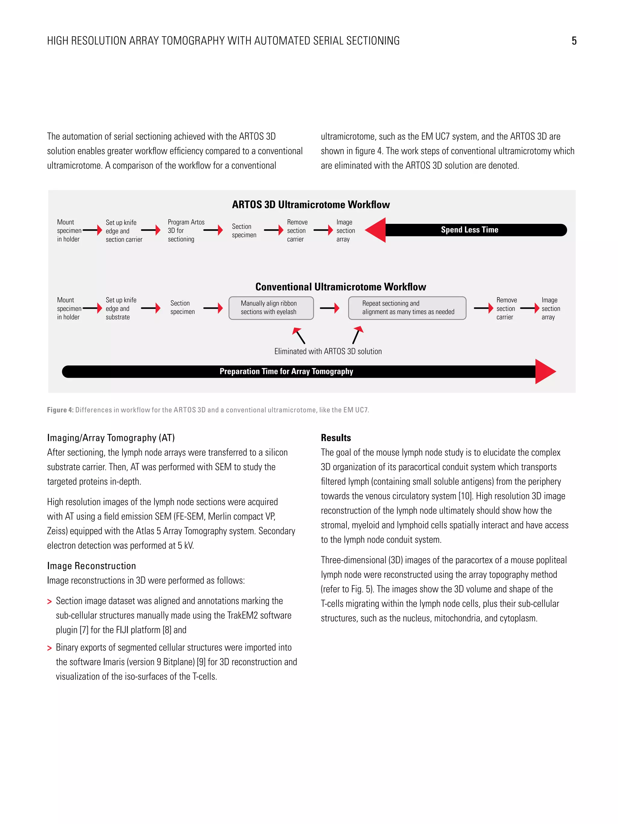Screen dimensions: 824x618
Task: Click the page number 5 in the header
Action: (x=574, y=41)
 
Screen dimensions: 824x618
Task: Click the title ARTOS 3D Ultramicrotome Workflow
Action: (x=311, y=205)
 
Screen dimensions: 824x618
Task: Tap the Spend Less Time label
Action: (x=469, y=230)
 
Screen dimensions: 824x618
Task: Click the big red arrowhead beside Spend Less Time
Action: (x=376, y=230)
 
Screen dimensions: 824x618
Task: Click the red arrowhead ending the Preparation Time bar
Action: (x=545, y=371)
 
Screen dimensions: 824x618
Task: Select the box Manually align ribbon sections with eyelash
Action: (x=271, y=308)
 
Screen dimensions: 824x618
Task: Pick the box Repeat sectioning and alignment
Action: (x=407, y=308)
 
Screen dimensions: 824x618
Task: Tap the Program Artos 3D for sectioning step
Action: (x=186, y=231)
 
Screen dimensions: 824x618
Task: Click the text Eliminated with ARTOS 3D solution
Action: (x=328, y=351)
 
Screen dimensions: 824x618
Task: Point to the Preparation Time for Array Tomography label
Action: (x=286, y=371)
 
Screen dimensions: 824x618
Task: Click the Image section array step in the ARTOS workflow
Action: (x=345, y=231)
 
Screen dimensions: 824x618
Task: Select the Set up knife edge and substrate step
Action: (x=121, y=308)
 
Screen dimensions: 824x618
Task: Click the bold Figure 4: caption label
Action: (x=60, y=410)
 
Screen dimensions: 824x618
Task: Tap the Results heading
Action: (x=336, y=438)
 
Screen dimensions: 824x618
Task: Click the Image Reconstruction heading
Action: (x=91, y=566)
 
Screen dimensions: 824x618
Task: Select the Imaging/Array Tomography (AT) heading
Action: (x=111, y=438)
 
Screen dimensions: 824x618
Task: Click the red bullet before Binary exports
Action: (x=49, y=648)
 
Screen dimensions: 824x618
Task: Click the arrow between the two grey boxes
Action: (x=330, y=308)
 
